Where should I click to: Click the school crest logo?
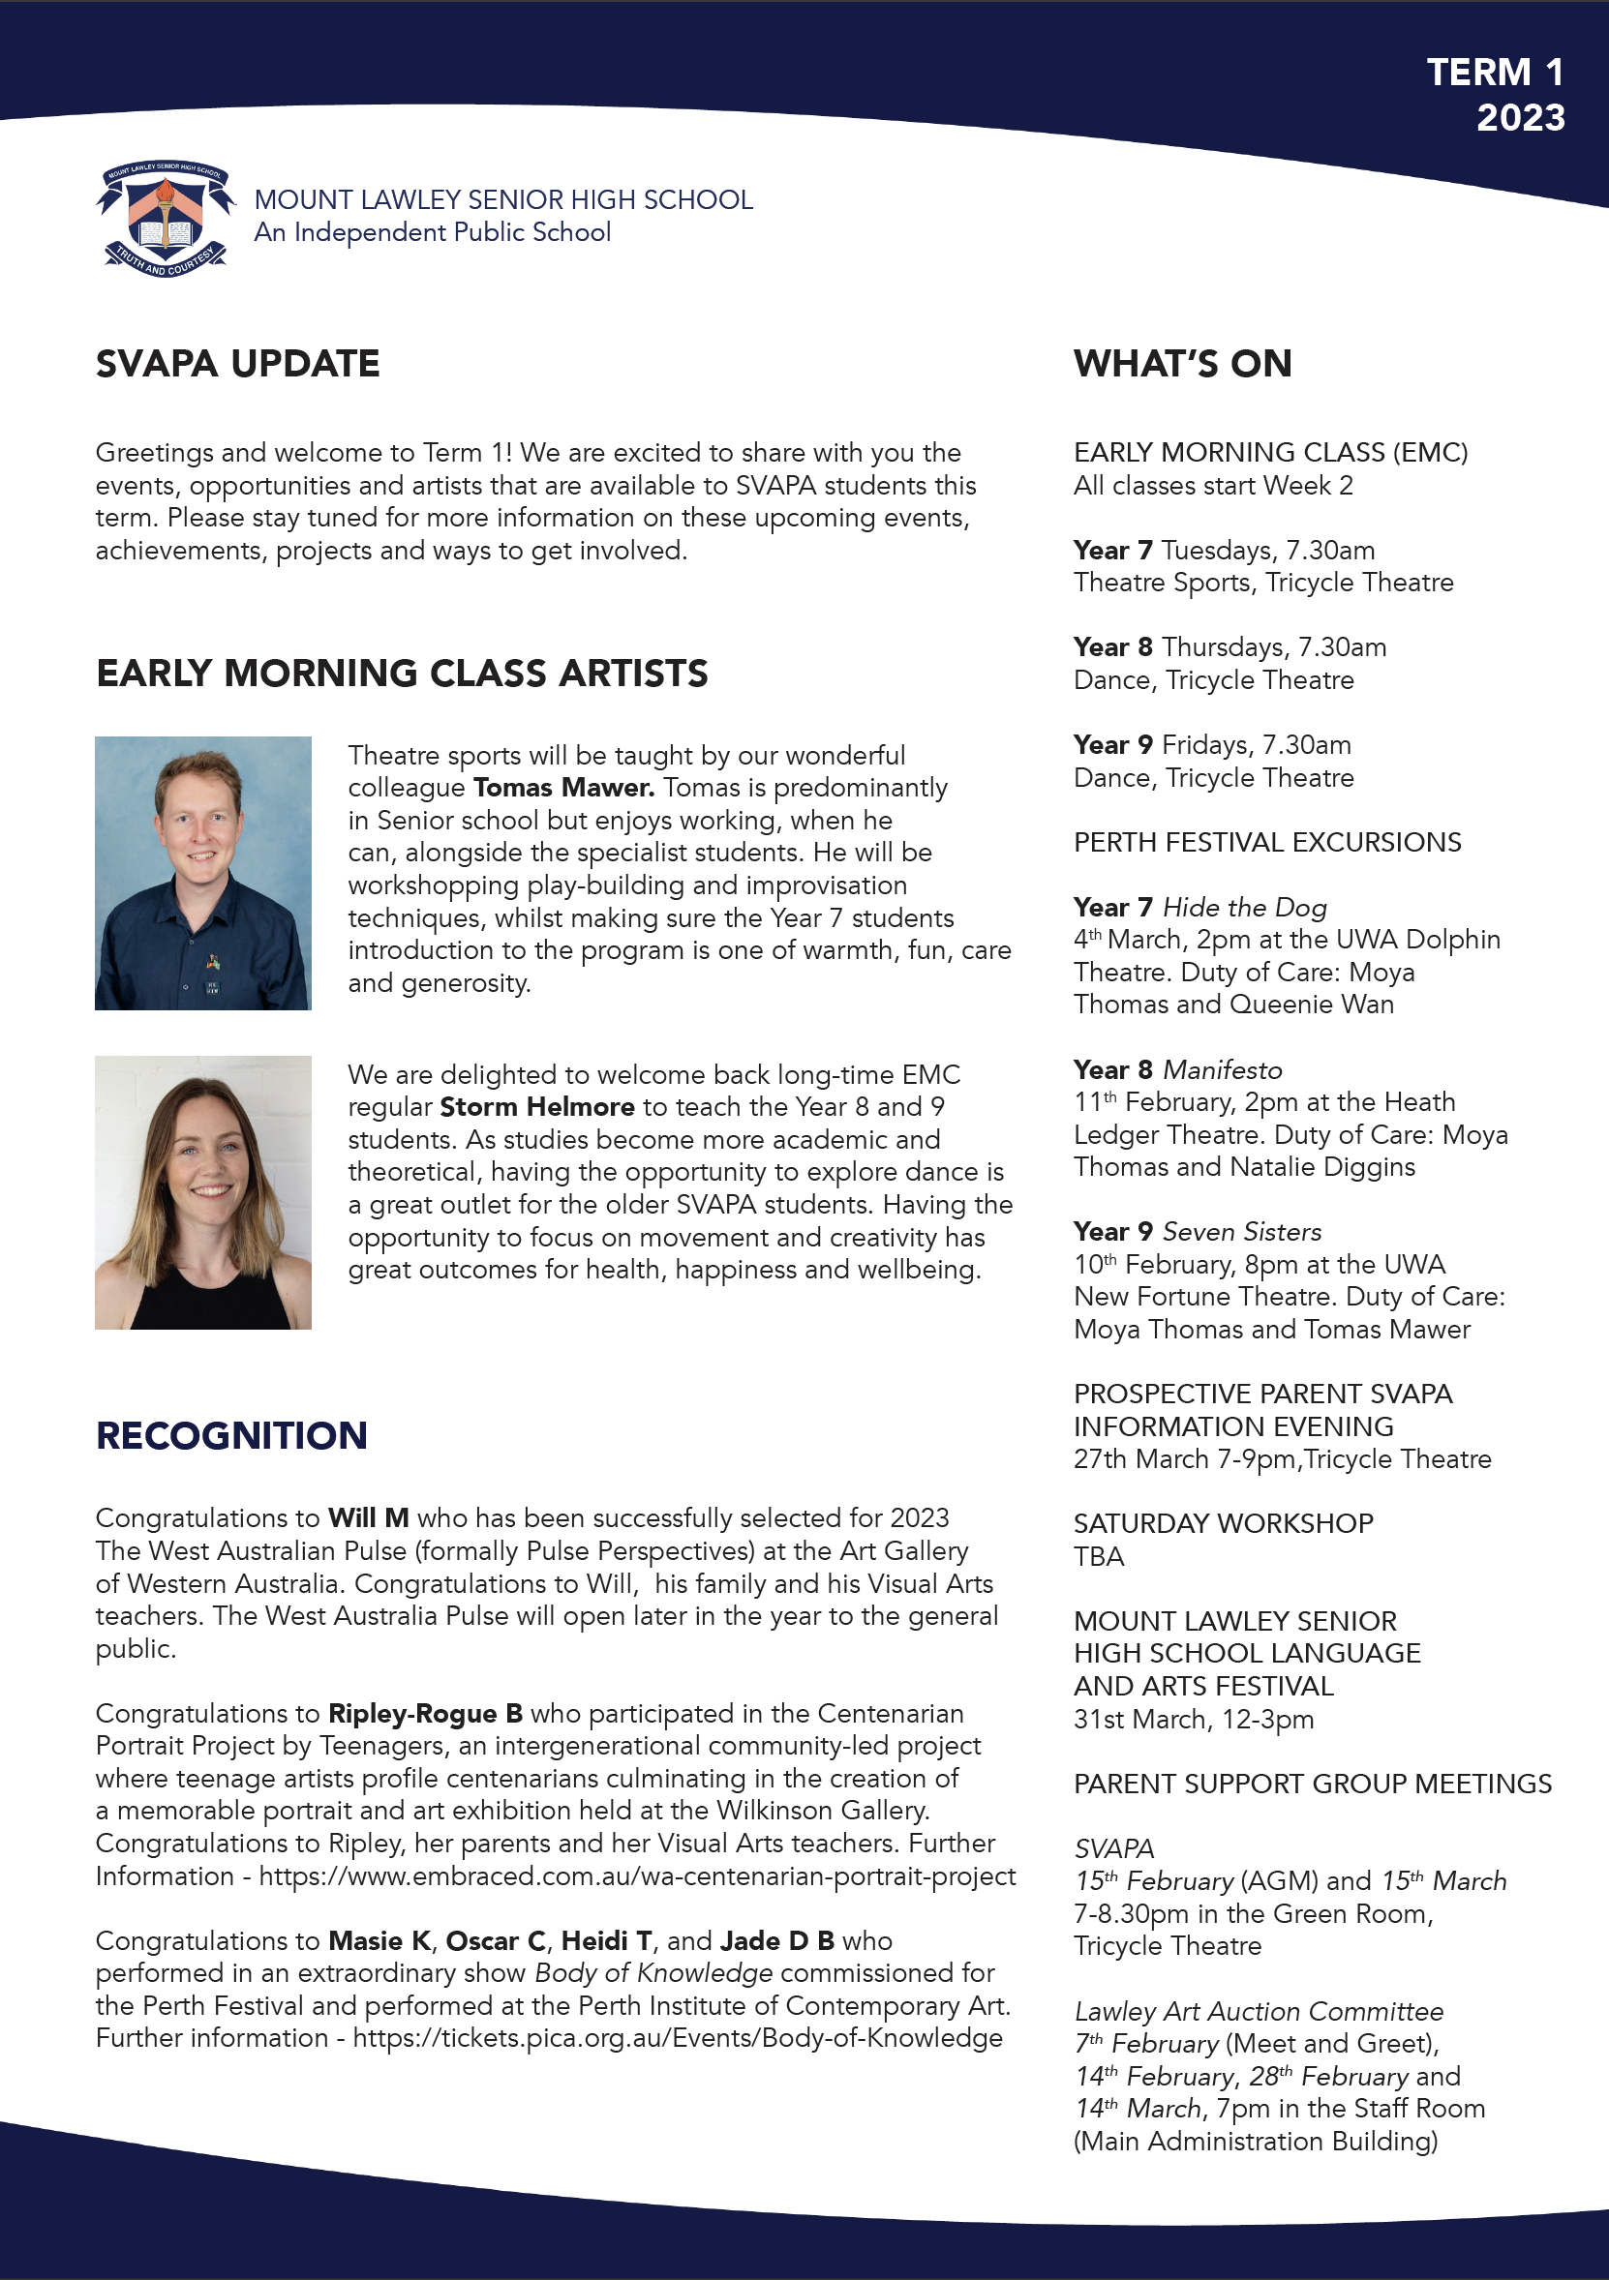166,220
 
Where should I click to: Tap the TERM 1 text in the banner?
1495,73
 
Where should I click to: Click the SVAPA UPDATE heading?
237,365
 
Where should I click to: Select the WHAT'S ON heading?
1182,365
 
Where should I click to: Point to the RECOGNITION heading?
231,1436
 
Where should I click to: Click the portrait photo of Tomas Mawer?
202,873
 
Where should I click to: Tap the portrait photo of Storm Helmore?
202,1191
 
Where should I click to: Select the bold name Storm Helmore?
536,1107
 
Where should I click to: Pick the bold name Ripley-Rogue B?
425,1714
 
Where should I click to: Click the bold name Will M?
369,1518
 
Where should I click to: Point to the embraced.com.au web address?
637,1876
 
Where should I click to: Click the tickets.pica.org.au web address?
678,2039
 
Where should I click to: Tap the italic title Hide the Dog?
1244,908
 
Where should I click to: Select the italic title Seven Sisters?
1241,1232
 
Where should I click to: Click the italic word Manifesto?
1223,1070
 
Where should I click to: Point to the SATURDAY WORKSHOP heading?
1223,1524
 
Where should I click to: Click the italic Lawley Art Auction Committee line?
1259,2012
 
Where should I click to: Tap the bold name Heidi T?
606,1941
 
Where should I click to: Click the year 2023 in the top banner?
1520,118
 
